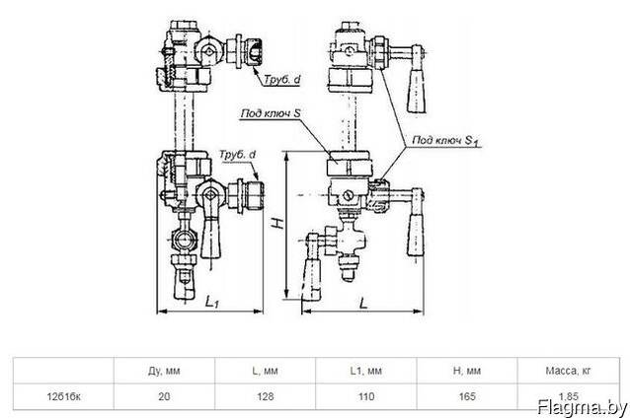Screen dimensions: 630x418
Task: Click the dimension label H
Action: click(x=278, y=223)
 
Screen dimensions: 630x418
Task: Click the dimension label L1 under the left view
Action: click(x=211, y=302)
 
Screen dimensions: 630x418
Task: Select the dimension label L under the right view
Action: click(x=363, y=303)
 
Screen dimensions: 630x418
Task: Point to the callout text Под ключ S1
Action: click(x=446, y=141)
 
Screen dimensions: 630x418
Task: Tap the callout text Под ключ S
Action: click(x=271, y=113)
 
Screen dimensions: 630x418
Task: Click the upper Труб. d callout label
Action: click(x=281, y=79)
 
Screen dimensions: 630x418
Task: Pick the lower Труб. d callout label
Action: click(x=237, y=155)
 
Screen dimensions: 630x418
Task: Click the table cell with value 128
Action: click(x=266, y=396)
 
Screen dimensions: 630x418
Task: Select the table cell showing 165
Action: click(x=467, y=396)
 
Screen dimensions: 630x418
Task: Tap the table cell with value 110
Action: click(x=366, y=396)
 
